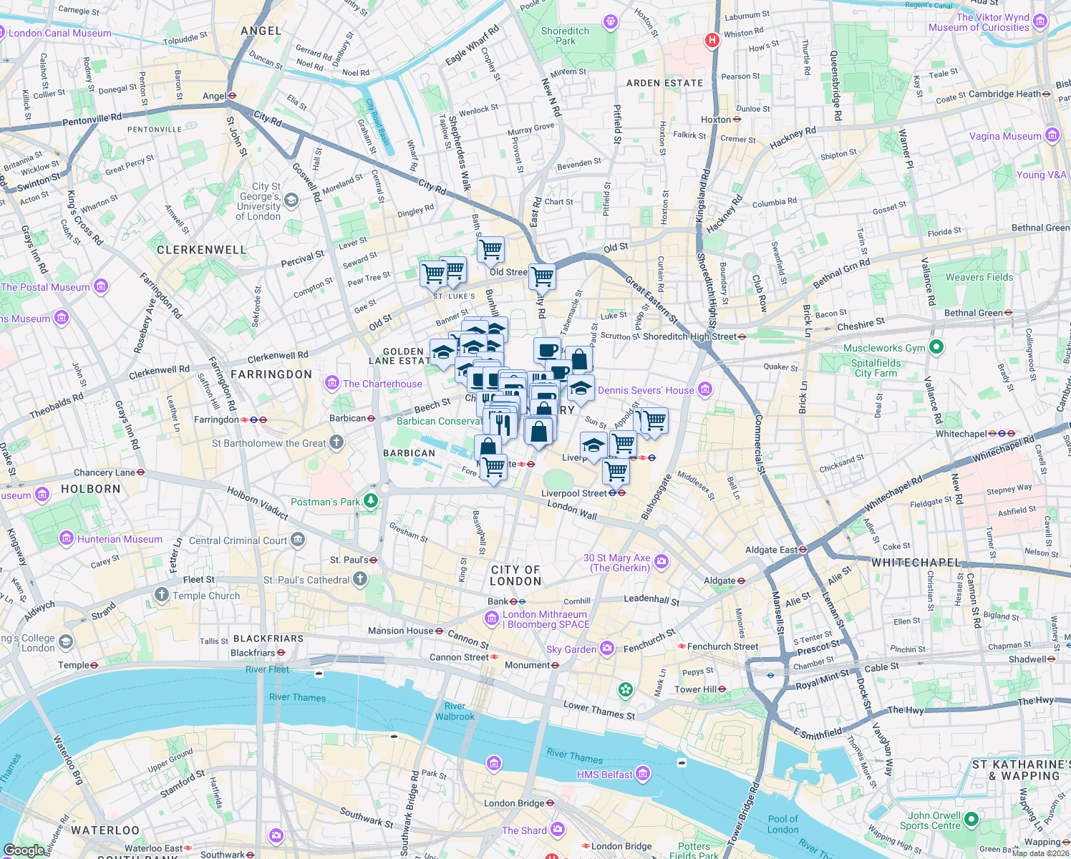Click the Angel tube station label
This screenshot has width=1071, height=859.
point(215,96)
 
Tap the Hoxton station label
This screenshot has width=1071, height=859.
point(716,120)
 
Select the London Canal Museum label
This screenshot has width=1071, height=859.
point(59,33)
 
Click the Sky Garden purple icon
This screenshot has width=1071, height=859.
point(607,649)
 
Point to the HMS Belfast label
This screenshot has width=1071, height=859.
point(604,775)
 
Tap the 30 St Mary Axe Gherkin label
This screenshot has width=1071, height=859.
point(617,563)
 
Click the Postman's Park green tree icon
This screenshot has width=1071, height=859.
point(370,500)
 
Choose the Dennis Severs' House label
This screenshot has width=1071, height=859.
point(646,390)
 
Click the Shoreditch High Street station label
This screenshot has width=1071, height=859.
point(689,336)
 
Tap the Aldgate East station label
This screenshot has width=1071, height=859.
point(771,550)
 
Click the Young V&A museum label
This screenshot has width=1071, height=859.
point(1041,175)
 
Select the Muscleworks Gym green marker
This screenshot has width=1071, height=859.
point(936,348)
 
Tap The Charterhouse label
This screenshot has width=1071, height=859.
point(382,384)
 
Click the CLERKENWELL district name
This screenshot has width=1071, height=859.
point(201,250)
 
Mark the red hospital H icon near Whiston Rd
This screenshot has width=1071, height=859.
point(712,40)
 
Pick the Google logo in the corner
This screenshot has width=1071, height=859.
point(24,850)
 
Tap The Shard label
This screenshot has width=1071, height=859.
point(524,830)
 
